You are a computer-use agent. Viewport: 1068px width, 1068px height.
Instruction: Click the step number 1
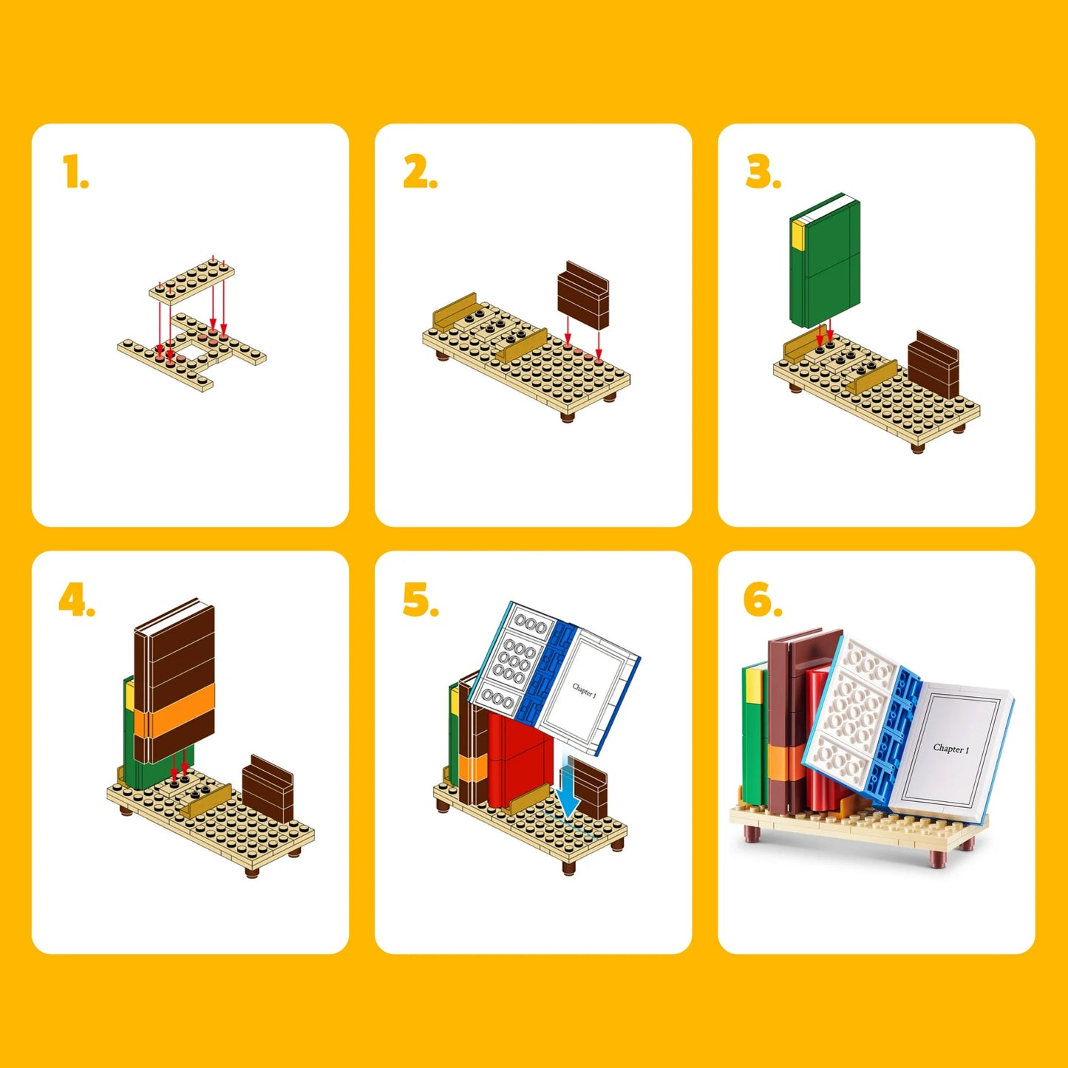[x=75, y=172]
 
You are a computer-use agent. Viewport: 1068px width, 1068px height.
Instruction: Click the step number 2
[x=419, y=172]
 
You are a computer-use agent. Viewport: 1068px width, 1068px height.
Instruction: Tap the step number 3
[x=763, y=172]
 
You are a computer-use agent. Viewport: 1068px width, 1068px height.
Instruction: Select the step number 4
[x=76, y=599]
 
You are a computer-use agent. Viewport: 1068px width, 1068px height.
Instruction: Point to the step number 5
[x=420, y=599]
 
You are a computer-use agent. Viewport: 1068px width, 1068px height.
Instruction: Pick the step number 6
[x=762, y=599]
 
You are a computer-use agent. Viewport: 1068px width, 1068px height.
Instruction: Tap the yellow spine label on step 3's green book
[x=798, y=234]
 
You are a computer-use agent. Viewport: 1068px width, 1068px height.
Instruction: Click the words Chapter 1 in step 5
[x=584, y=690]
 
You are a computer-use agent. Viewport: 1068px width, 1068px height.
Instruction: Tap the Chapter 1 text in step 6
[x=950, y=749]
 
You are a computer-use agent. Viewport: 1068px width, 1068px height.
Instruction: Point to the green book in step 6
[x=754, y=739]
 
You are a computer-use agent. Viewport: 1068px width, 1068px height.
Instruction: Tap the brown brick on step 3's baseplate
[x=933, y=364]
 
